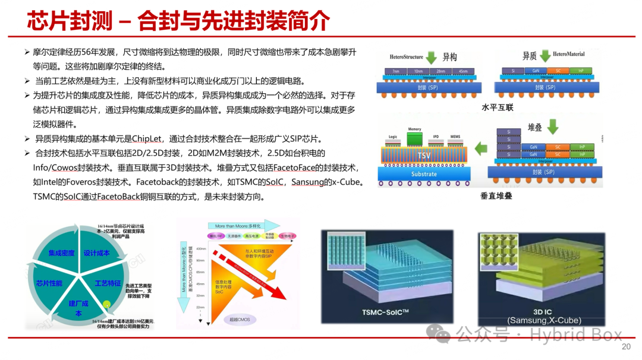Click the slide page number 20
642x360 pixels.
coord(625,347)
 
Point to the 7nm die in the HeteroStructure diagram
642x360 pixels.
coord(393,71)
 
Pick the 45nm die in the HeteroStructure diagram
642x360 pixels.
coord(460,71)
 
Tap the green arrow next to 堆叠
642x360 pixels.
coord(553,127)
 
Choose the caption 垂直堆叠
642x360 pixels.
coord(496,195)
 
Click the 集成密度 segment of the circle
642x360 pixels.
coord(61,253)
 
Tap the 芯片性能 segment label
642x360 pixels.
coord(49,283)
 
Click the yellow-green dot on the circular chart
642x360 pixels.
coord(107,305)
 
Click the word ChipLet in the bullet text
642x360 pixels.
coord(151,138)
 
